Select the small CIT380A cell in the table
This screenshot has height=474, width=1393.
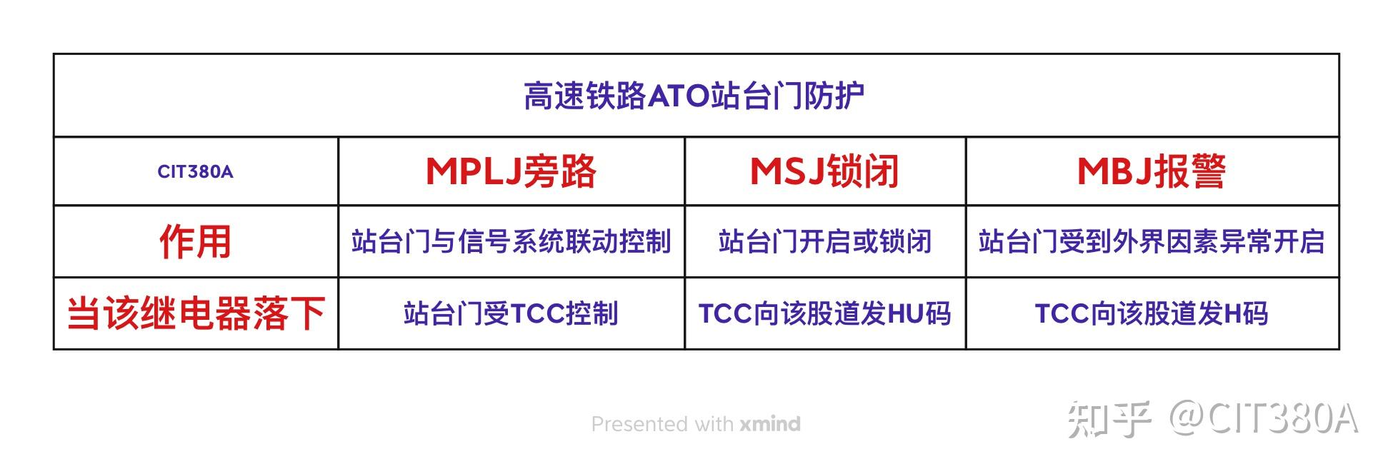(x=195, y=172)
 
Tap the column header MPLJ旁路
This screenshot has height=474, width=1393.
(x=511, y=172)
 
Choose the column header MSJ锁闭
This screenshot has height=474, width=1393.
(x=824, y=172)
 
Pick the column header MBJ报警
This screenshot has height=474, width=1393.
(x=1151, y=172)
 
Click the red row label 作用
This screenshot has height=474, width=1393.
(x=195, y=242)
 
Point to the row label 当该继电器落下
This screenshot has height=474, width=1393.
(x=195, y=313)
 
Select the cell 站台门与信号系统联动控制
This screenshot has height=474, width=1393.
(x=511, y=242)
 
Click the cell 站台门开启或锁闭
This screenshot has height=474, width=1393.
(x=824, y=242)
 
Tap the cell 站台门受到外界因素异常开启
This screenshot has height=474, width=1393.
(x=1151, y=242)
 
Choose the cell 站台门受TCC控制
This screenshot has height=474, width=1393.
(x=511, y=313)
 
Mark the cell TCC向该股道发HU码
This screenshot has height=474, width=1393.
(x=824, y=313)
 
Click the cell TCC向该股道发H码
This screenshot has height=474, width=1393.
(x=1151, y=313)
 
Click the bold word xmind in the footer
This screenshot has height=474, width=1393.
(x=770, y=424)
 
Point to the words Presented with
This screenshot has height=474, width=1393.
(x=662, y=424)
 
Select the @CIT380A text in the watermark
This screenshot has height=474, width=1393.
(x=1263, y=419)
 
